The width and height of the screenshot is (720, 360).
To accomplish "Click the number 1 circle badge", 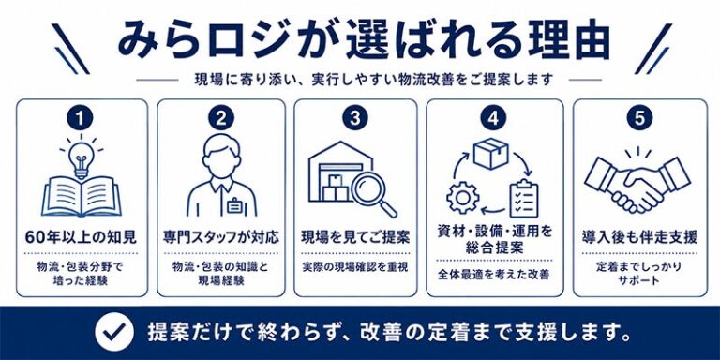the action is point(81,118).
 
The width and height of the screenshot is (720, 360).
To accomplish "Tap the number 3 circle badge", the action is point(355,118).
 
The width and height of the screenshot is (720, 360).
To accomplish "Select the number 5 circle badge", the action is point(639,118).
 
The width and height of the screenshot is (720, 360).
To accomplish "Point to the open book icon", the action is point(82,195).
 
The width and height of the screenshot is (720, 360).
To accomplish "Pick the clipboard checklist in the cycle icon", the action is point(524,199).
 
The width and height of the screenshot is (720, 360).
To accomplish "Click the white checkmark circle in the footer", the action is point(114,332).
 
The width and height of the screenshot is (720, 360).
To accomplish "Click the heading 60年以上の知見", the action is point(81,238).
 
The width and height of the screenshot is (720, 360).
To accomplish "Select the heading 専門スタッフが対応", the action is point(221,238).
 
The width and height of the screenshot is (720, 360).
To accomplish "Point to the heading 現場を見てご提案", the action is point(355,238).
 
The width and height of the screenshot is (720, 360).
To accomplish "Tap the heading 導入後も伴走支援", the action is point(639,238).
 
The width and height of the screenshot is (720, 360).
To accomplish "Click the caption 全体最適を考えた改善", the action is point(494,275).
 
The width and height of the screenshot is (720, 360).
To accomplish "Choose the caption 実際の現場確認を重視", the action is point(355,266).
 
